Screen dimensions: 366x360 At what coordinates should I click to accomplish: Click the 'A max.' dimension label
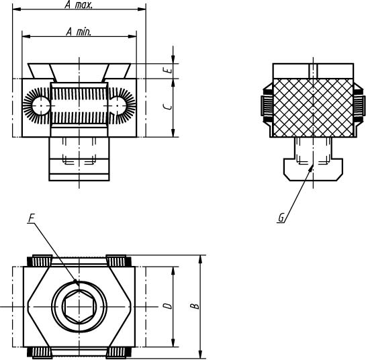pyautogui.click(x=79, y=5)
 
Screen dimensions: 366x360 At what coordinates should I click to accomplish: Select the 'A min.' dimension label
pyautogui.click(x=79, y=32)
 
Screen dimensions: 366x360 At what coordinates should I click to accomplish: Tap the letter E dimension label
pyautogui.click(x=170, y=70)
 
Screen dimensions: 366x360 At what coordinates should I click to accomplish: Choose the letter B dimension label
pyautogui.click(x=195, y=306)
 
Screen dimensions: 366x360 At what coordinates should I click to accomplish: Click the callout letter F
pyautogui.click(x=32, y=218)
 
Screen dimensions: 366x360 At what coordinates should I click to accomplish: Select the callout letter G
pyautogui.click(x=281, y=218)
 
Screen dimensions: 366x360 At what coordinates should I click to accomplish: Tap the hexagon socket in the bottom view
pyautogui.click(x=79, y=306)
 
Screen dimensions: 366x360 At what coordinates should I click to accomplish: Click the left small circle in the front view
pyautogui.click(x=41, y=105)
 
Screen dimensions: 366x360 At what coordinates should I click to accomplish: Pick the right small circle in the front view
pyautogui.click(x=118, y=105)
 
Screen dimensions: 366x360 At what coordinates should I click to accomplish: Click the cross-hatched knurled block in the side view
pyautogui.click(x=313, y=107)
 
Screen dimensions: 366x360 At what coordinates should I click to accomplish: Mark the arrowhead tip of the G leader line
pyautogui.click(x=312, y=165)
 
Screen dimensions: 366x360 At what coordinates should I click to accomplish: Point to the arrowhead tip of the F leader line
pyautogui.click(x=78, y=284)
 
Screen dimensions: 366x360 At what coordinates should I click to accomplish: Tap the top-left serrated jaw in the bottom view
pyautogui.click(x=40, y=261)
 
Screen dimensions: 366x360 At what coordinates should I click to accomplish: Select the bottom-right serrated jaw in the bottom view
pyautogui.click(x=119, y=353)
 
